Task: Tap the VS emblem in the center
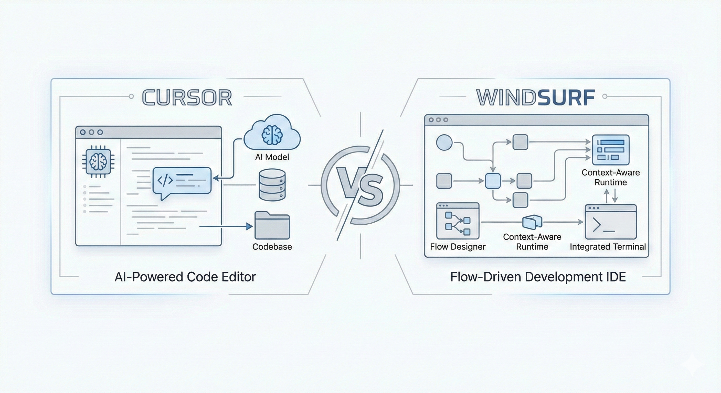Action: click(x=360, y=185)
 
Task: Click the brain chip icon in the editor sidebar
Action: click(x=98, y=162)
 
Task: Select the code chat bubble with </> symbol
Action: click(x=182, y=181)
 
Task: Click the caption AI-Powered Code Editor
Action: click(x=185, y=277)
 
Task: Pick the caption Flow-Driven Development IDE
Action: click(x=538, y=277)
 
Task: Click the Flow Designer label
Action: click(x=458, y=247)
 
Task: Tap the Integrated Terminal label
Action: click(x=608, y=247)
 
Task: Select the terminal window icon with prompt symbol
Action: click(x=610, y=222)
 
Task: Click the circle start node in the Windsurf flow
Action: click(x=444, y=142)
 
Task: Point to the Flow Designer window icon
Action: click(x=458, y=221)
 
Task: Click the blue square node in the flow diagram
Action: click(x=493, y=181)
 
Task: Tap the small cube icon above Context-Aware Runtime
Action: click(x=532, y=222)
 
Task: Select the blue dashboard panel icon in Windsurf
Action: click(x=611, y=150)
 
